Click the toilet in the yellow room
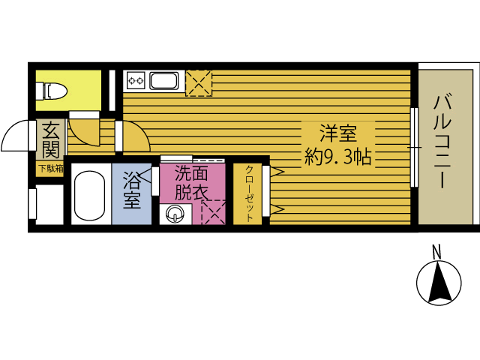(x=52, y=91)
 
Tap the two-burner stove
(x=136, y=81)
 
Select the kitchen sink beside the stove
(x=164, y=81)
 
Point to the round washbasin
(x=175, y=213)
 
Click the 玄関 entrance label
(x=50, y=140)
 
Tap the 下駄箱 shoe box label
(x=51, y=169)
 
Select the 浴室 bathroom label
(x=132, y=190)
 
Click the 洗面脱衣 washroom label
(x=192, y=183)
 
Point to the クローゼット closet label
(x=249, y=193)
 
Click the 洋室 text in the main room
(x=338, y=133)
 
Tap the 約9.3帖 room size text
(x=338, y=157)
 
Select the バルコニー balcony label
(x=442, y=142)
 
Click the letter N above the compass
(x=436, y=252)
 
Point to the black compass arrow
(x=440, y=282)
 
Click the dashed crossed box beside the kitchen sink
(x=199, y=83)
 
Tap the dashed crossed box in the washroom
(x=213, y=212)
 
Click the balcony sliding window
(x=414, y=147)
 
